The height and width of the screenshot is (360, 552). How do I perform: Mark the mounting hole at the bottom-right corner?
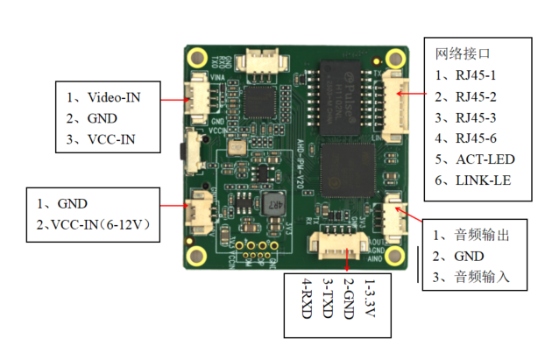click(x=395, y=258)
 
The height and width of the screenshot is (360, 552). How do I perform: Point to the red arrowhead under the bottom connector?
click(x=350, y=266)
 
